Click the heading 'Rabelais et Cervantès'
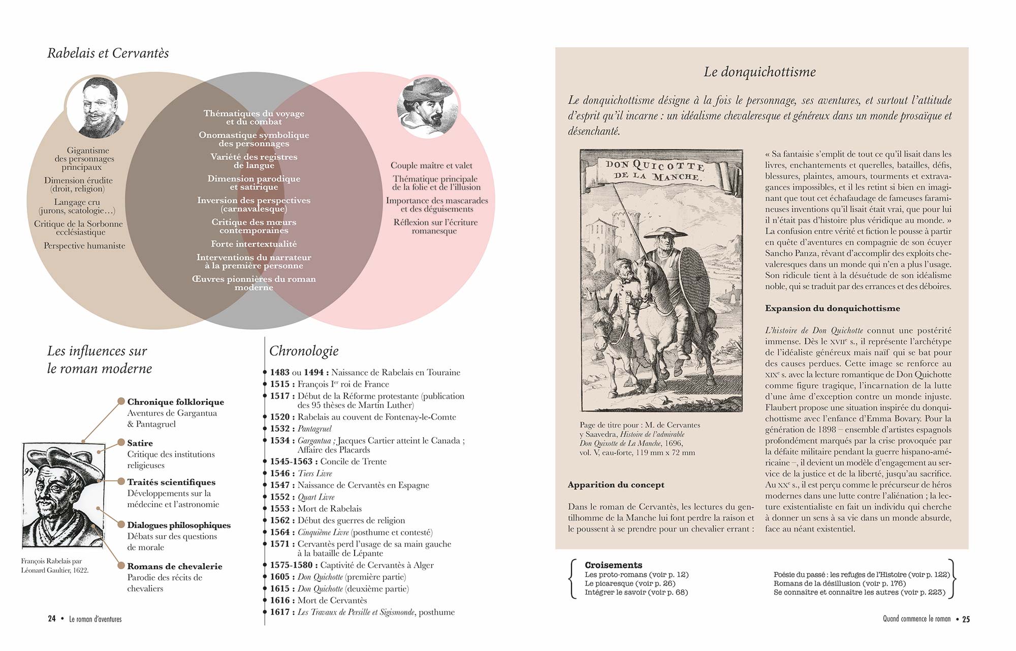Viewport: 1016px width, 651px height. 108,53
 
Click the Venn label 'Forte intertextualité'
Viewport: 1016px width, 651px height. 254,244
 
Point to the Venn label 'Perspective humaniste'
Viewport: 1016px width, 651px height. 84,246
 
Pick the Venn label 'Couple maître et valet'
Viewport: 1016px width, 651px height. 431,166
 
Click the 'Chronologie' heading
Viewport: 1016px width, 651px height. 304,351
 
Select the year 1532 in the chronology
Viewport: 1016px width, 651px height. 280,429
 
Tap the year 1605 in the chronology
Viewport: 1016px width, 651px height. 280,577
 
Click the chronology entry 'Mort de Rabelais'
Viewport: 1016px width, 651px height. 330,509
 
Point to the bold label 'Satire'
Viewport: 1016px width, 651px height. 140,443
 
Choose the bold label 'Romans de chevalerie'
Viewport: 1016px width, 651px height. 175,567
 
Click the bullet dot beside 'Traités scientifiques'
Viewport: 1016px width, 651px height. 121,481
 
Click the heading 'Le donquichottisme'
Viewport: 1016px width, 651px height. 759,72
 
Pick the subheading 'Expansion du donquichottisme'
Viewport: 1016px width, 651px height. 833,309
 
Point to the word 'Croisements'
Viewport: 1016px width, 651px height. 613,565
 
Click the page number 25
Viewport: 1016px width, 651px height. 966,619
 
